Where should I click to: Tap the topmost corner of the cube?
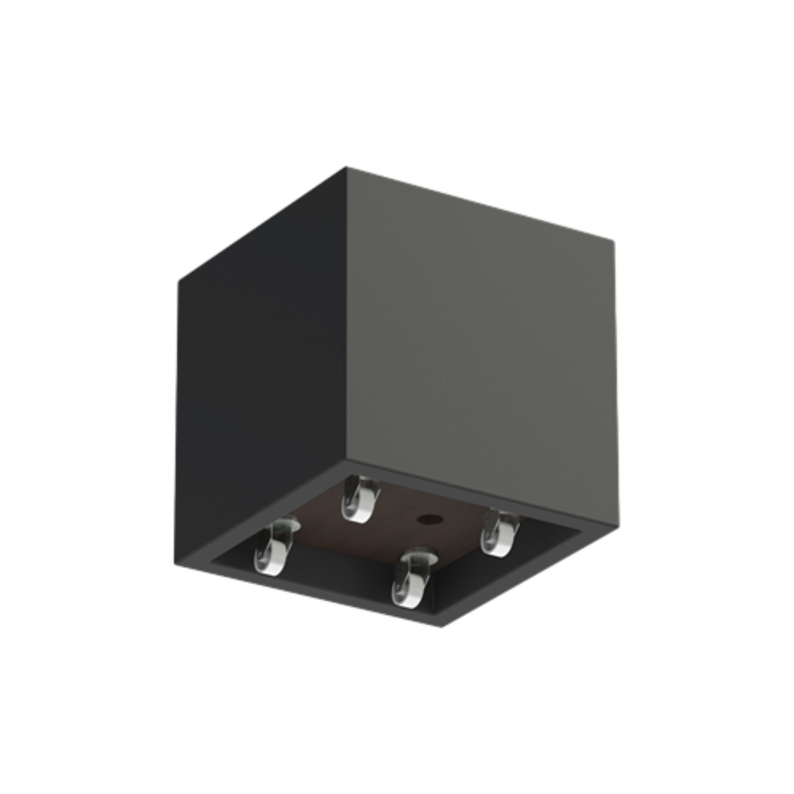pos(346,168)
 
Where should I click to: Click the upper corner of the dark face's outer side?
pos(179,281)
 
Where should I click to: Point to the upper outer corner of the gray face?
pos(614,242)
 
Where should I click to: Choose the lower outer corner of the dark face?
pos(175,564)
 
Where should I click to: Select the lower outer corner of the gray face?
pos(618,524)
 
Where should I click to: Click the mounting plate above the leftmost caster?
pos(285,522)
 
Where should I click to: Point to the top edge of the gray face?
pos(480,204)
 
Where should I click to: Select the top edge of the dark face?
pos(263,224)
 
